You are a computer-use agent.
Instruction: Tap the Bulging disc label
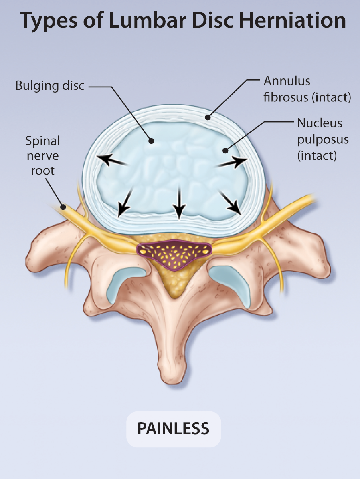coord(50,85)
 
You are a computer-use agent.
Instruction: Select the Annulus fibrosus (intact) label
coord(307,89)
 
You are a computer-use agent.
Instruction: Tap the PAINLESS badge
coord(173,429)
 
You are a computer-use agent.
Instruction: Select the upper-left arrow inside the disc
coord(113,160)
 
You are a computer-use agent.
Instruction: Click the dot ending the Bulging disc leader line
coord(151,141)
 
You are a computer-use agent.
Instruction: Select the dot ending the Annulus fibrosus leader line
coord(207,117)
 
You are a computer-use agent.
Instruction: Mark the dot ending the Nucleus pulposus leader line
coord(226,151)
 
